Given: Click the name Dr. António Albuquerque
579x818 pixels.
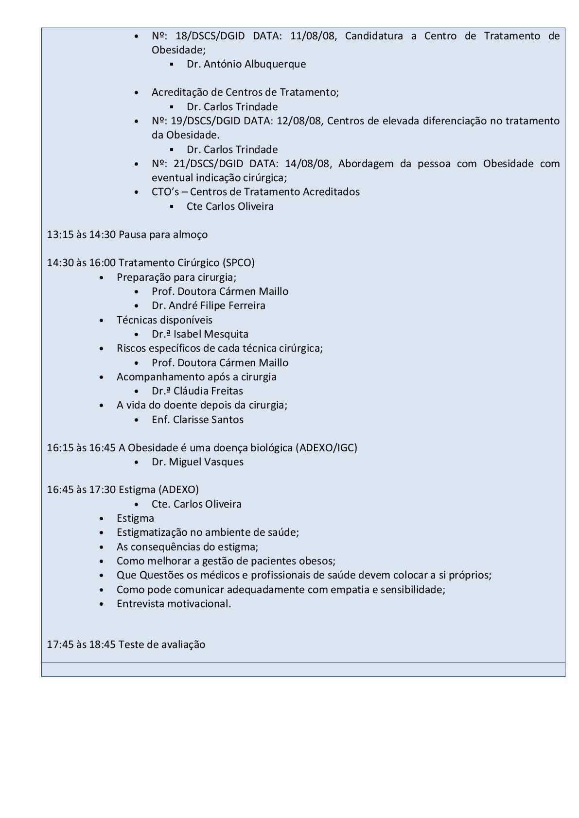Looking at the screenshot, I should (x=246, y=64).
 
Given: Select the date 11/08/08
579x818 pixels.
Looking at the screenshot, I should (x=313, y=36).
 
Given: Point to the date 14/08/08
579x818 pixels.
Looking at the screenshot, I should (x=309, y=164).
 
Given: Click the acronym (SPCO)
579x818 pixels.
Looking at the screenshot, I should (x=238, y=263).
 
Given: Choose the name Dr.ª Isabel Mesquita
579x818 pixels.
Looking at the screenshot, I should (x=200, y=334).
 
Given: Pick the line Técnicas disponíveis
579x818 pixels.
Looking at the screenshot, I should (x=164, y=320).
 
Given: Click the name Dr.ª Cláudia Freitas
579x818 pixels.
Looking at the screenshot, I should (x=197, y=391).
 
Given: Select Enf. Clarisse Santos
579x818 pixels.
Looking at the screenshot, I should (x=197, y=420).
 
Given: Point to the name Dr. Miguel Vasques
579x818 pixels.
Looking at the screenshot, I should (x=197, y=462).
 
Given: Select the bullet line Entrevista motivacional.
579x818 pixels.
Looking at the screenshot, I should (x=174, y=604).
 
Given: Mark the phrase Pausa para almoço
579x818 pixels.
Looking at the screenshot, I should (x=163, y=235).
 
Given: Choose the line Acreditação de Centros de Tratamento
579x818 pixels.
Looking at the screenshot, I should (x=245, y=92).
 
